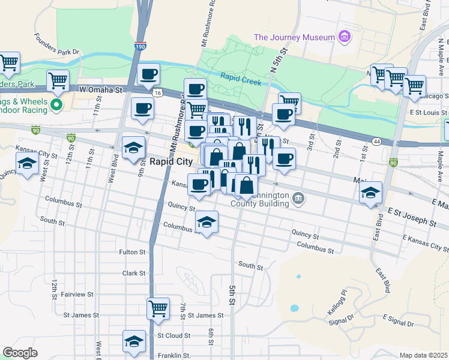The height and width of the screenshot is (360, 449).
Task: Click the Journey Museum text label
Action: pos(294,37)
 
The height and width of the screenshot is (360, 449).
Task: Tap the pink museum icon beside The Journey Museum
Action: pos(344,37)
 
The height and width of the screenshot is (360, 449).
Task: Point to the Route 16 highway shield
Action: pos(157,93)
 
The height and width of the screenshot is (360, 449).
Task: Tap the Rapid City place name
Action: pos(171,162)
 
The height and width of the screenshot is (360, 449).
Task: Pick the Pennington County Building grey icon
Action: pos(298,198)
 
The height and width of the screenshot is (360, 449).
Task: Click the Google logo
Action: pos(20,353)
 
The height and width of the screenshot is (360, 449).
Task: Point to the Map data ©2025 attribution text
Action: pos(423,355)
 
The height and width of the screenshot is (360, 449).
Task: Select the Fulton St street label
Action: pos(133,252)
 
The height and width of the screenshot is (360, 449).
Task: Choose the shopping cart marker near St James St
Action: pos(158,309)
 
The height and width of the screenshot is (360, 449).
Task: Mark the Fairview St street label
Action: pos(76,294)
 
